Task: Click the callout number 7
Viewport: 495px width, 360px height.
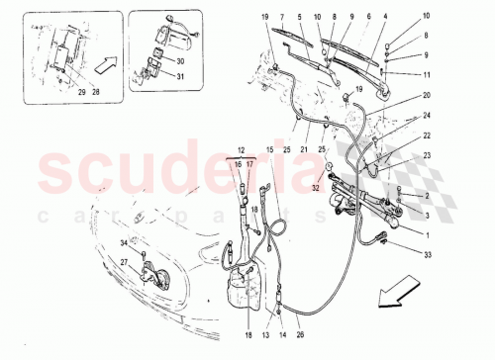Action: click(283, 19)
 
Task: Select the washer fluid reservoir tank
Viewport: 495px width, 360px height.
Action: click(239, 287)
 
